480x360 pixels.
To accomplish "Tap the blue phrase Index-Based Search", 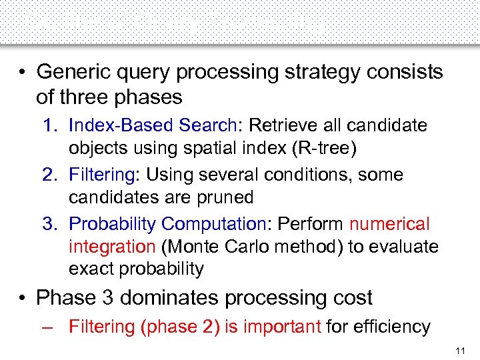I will click(153, 125).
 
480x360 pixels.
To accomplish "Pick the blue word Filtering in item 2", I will click(101, 175).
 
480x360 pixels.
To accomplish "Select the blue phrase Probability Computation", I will click(167, 224).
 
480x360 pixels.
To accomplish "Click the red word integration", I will click(111, 247).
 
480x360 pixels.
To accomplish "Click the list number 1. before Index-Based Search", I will click(51, 125).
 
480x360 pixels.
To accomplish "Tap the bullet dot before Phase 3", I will click(23, 297).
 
